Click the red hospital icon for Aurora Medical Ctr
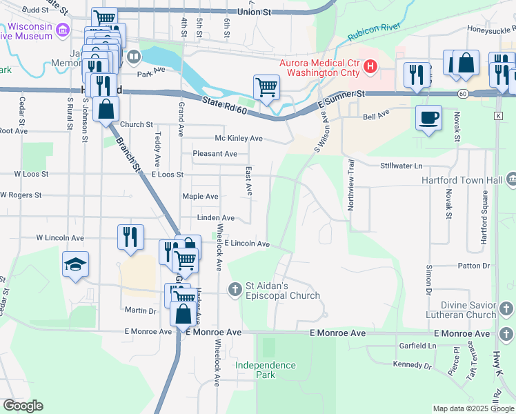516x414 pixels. point(371,67)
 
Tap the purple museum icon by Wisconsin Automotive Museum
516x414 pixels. point(63,30)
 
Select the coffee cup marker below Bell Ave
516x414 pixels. point(428,117)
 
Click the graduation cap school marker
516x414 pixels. point(75,264)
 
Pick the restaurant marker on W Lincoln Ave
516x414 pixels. point(130,237)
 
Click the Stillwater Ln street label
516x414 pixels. point(401,166)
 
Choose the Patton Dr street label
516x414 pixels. point(473,266)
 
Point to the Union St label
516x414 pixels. point(256,12)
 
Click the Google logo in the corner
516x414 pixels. point(23,406)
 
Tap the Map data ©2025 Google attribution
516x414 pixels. point(473,408)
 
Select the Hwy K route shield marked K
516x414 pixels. point(498,116)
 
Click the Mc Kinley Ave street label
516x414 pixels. point(239,138)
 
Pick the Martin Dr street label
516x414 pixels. point(139,310)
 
